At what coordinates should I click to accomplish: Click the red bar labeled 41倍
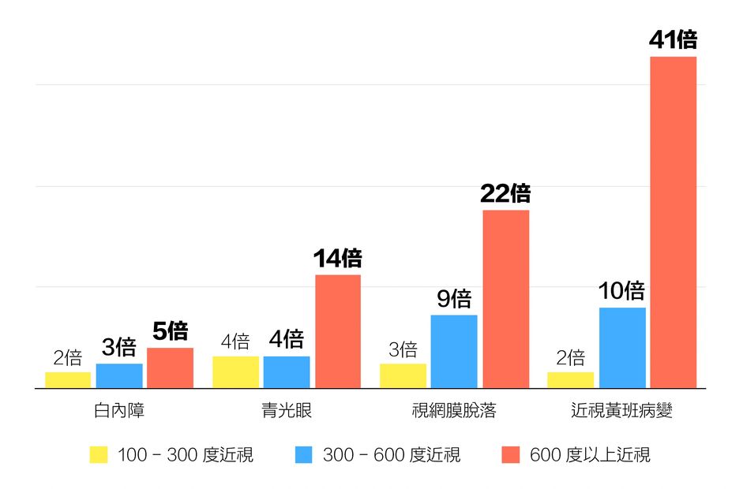pos(673,222)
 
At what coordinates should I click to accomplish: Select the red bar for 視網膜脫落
pos(506,299)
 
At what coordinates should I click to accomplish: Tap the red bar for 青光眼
pos(338,331)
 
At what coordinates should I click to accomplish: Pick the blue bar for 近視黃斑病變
pos(622,348)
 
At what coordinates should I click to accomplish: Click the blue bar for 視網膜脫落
pos(454,351)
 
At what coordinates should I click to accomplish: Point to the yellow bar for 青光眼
pos(235,372)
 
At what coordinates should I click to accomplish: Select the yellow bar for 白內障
pos(68,380)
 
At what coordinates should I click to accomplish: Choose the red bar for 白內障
pos(170,368)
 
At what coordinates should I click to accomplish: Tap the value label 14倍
pos(337,259)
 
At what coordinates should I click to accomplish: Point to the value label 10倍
pos(621,292)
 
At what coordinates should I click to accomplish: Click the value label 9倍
pos(454,299)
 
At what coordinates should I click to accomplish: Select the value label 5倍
pos(170,331)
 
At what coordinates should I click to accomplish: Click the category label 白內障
pos(118,411)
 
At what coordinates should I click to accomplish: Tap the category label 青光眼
pos(287,411)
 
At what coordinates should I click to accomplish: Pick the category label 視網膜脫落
pos(454,411)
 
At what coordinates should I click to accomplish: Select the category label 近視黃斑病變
pos(621,411)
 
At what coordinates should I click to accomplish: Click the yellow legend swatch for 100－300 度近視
pos(98,455)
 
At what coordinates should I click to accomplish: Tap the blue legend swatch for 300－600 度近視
pos(304,455)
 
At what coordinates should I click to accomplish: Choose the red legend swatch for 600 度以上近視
pos(511,455)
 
